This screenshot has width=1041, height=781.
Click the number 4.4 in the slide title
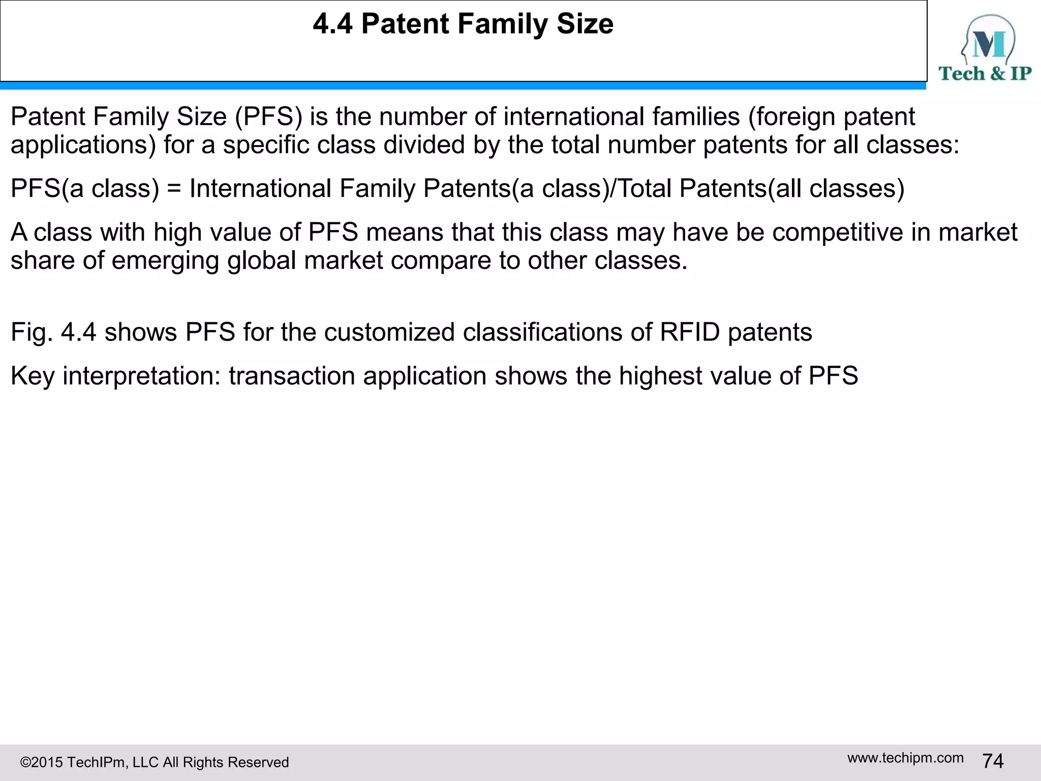point(332,24)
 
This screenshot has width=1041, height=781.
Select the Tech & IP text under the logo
point(985,74)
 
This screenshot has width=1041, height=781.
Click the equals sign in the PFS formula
point(174,189)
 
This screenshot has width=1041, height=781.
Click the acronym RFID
point(690,333)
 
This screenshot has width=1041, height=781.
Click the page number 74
point(993,761)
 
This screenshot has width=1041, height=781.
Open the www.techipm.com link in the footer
point(905,758)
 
